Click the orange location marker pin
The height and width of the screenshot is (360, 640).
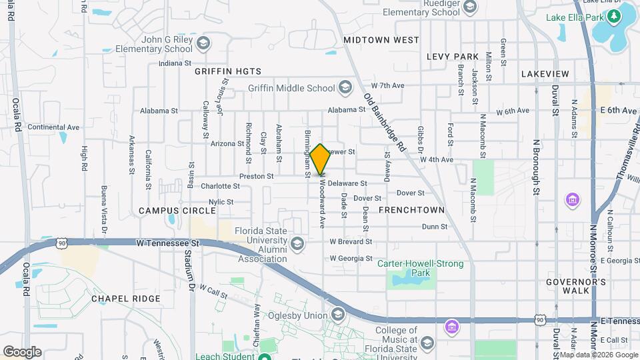click(320, 159)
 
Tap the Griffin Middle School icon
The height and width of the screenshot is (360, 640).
click(345, 87)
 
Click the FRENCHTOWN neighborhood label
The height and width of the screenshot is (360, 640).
click(411, 210)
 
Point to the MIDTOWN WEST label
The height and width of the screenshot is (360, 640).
click(381, 40)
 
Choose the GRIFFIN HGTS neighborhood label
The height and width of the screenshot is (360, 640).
click(228, 71)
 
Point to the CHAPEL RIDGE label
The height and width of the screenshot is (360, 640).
click(126, 299)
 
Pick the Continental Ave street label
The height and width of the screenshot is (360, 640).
click(53, 127)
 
